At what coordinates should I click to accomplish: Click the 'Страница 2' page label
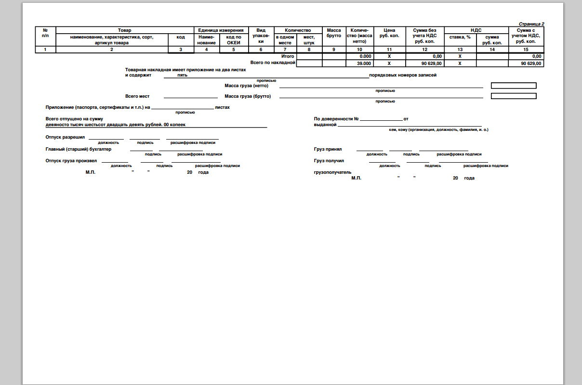pos(531,24)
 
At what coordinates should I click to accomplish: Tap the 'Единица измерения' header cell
pos(221,30)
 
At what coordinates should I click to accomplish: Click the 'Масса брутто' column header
pos(334,33)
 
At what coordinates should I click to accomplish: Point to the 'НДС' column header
pos(476,30)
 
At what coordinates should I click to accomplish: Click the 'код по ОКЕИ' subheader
pos(234,39)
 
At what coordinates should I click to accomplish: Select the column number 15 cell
pos(526,49)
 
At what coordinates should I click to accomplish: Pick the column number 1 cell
pos(45,49)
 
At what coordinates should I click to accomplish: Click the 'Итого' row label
pos(288,56)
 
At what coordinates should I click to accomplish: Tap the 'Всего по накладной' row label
pos(272,63)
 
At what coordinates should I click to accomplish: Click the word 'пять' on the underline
pos(182,75)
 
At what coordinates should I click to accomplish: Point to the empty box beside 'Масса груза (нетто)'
pos(514,86)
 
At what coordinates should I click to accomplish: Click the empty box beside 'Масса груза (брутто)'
pos(514,96)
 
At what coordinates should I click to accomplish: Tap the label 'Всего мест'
pos(137,96)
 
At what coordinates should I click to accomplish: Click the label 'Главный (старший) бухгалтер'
pos(78,149)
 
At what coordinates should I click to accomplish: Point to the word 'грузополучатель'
pos(332,172)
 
